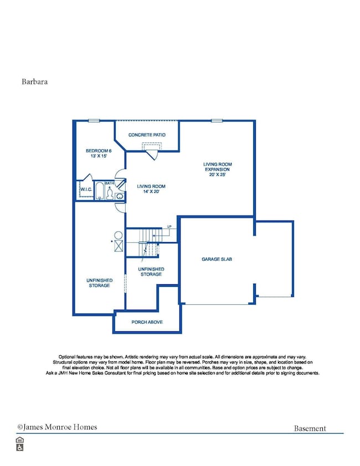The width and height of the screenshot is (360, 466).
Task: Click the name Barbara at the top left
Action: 34,81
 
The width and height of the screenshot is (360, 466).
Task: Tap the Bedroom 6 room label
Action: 99,153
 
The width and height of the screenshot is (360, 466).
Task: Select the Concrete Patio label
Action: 147,135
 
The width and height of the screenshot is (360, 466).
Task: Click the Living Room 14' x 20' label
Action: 151,190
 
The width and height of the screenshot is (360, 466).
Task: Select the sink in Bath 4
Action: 120,195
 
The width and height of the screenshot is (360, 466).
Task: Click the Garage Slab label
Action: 216,259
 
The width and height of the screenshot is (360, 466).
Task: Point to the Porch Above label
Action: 147,322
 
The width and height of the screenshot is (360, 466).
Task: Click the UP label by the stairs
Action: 169,227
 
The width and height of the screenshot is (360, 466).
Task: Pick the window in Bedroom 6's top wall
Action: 94,120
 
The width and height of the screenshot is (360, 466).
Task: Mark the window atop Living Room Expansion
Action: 217,120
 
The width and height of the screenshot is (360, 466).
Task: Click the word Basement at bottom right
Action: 310,428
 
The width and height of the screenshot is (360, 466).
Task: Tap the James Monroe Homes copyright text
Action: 57,427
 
